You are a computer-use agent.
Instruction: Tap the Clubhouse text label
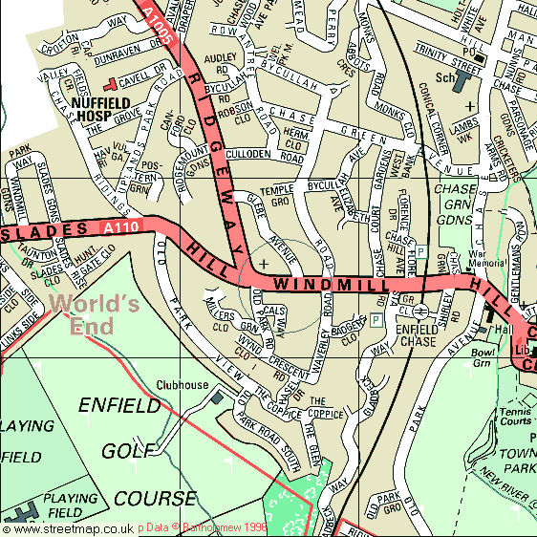point(183,385)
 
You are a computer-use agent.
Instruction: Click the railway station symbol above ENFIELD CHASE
point(406,311)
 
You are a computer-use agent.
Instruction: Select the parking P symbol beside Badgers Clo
point(376,319)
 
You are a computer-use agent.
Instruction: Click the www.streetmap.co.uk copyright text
point(67,527)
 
